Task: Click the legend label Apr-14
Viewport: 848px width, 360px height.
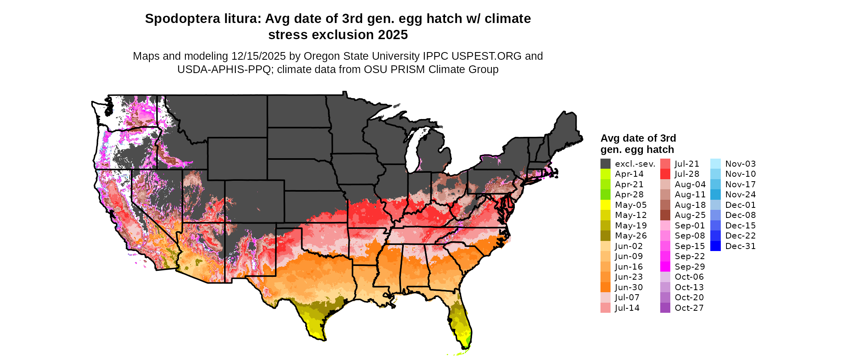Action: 629,174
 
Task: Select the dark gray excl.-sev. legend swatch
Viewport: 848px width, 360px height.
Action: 605,164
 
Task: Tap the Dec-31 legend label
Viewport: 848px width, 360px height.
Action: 740,246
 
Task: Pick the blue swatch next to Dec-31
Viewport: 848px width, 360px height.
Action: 715,246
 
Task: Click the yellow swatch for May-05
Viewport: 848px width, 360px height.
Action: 605,205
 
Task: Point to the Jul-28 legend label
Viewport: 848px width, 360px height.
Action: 687,174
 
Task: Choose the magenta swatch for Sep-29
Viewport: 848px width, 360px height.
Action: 665,267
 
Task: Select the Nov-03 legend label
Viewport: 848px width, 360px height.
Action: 740,164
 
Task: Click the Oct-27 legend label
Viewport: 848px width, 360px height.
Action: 689,308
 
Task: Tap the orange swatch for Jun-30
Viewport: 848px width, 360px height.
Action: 605,287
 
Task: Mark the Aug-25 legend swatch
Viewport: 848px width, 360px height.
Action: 665,215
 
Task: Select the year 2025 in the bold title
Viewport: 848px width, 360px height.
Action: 393,35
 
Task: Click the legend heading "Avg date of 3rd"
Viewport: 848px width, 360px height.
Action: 638,138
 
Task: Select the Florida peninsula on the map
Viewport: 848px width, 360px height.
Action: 461,323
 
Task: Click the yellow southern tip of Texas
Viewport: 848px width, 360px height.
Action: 315,329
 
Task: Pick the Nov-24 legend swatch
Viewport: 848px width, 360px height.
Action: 715,195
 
